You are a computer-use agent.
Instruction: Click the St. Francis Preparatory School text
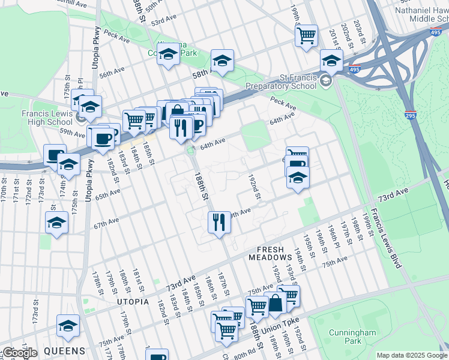pos(298,82)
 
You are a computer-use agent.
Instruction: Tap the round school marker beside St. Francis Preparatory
pos(326,81)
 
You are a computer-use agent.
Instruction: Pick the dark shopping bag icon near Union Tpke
pos(276,304)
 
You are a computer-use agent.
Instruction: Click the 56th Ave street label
pos(112,71)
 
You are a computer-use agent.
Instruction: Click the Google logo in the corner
pos(19,352)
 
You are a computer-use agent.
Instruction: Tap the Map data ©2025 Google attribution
pos(411,355)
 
